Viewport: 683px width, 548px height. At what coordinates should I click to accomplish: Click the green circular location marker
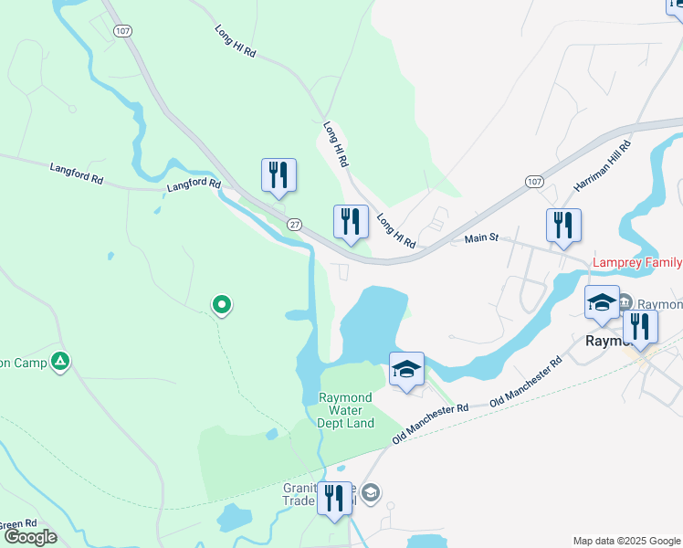tap(221, 305)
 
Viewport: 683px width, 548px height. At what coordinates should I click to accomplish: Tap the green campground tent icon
tap(60, 362)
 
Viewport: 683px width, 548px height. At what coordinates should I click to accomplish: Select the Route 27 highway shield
tap(294, 225)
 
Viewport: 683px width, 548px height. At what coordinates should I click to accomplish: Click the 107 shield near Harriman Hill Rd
tap(535, 183)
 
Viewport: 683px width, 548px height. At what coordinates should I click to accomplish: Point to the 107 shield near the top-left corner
tap(122, 31)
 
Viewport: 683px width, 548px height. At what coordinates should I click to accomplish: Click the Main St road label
tap(481, 238)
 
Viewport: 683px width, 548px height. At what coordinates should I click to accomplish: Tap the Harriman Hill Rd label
tap(603, 165)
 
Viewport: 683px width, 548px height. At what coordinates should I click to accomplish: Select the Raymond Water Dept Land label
tap(346, 410)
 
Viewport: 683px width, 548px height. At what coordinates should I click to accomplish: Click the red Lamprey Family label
tap(637, 263)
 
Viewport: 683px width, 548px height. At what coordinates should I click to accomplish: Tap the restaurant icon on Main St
tap(563, 227)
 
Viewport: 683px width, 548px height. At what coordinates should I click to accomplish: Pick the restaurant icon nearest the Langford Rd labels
tap(278, 176)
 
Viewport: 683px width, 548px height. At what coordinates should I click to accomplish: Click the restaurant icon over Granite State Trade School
tap(334, 500)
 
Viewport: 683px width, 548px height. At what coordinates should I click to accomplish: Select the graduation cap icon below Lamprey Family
tap(603, 303)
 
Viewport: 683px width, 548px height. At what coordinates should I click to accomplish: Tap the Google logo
tap(30, 536)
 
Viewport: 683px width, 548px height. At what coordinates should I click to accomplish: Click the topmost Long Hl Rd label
tap(236, 45)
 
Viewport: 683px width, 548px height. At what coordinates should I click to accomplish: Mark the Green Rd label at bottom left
tap(16, 525)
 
